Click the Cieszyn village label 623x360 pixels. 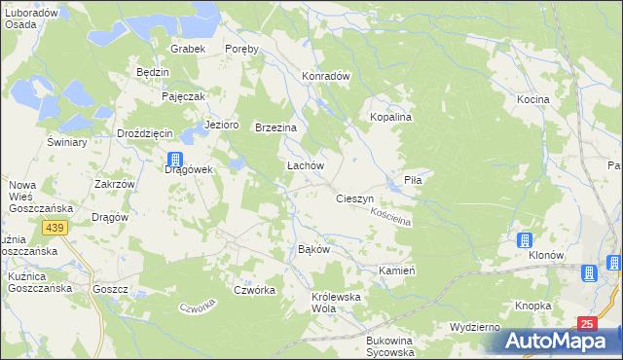tap(354, 198)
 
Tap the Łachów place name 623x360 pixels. tap(304, 166)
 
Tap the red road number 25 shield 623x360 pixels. tap(586, 323)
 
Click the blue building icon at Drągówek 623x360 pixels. tap(175, 160)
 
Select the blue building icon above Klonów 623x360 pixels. tap(525, 240)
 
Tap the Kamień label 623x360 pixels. tap(397, 270)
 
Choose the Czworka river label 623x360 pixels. tap(197, 309)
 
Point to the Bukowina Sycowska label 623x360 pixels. tap(389, 346)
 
